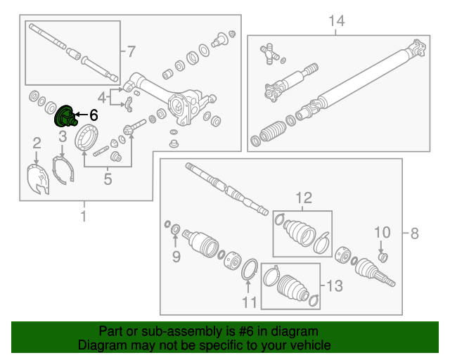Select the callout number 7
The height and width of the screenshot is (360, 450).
(x=129, y=51)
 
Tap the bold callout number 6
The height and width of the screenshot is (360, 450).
(x=94, y=115)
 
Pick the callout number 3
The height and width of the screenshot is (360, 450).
(x=62, y=136)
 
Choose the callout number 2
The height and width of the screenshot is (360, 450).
(x=36, y=145)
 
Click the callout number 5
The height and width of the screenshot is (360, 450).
(x=108, y=179)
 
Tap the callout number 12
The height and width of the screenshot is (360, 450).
(x=303, y=199)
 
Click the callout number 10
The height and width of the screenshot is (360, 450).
(x=381, y=232)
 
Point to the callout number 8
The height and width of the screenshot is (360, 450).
(x=414, y=232)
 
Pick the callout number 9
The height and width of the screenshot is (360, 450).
(x=176, y=257)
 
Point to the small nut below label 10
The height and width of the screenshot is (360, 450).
(x=383, y=257)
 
